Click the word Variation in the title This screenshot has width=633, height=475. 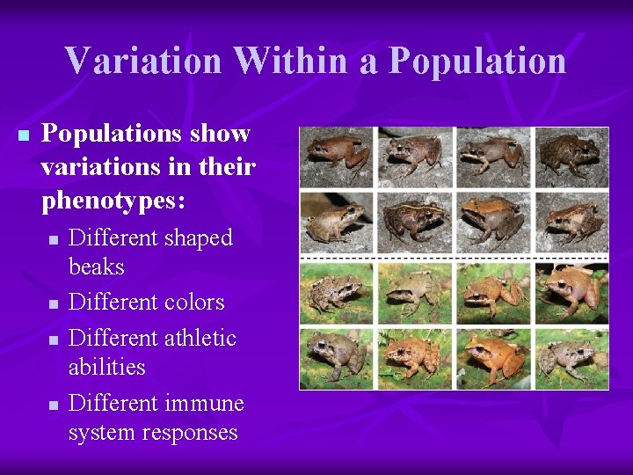tap(142, 61)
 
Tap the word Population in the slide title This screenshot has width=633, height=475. tap(477, 61)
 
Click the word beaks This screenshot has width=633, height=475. tap(96, 267)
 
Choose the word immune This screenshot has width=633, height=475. tap(204, 403)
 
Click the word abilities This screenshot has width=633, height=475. tap(106, 367)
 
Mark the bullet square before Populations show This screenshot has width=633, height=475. tap(23, 135)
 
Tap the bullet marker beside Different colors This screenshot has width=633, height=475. tap(54, 304)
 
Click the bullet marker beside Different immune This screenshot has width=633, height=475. tap(54, 405)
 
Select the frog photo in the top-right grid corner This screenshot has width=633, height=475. tap(572, 157)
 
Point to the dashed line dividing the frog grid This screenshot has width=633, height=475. tap(454, 258)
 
